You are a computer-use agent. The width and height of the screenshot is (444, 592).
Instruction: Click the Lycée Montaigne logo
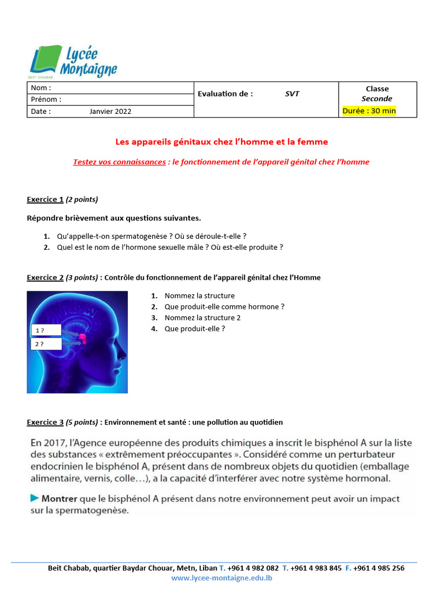pyautogui.click(x=73, y=62)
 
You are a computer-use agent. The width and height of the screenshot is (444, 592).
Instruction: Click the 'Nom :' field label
pyautogui.click(x=41, y=88)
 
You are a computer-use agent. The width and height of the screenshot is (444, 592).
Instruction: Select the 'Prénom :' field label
pyautogui.click(x=46, y=99)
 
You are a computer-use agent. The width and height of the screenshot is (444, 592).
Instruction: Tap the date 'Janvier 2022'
pyautogui.click(x=110, y=112)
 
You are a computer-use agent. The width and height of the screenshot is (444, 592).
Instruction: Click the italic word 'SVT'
pyautogui.click(x=292, y=94)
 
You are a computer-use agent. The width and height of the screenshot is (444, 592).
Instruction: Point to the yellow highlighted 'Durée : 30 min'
pyautogui.click(x=369, y=111)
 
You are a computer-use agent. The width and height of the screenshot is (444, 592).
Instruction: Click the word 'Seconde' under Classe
pyautogui.click(x=377, y=99)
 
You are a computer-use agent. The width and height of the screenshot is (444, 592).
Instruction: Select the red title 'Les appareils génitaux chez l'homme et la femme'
pyautogui.click(x=222, y=142)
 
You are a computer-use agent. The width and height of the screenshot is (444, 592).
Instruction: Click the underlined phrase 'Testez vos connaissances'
pyautogui.click(x=119, y=162)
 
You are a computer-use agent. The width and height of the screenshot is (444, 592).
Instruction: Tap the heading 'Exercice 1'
pyautogui.click(x=45, y=199)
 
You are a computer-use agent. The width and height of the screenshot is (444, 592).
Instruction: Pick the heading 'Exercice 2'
pyautogui.click(x=45, y=277)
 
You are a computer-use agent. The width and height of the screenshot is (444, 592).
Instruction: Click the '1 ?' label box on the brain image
pyautogui.click(x=46, y=331)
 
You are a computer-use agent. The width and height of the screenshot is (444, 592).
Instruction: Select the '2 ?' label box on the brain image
pyautogui.click(x=46, y=344)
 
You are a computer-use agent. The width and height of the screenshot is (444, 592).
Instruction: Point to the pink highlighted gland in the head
pyautogui.click(x=82, y=338)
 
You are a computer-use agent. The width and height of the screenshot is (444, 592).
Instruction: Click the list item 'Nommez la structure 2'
pyautogui.click(x=202, y=318)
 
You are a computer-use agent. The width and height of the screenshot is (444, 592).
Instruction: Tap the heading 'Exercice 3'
pyautogui.click(x=45, y=423)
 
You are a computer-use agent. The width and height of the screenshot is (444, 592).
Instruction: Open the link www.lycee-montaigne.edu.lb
pyautogui.click(x=222, y=578)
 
